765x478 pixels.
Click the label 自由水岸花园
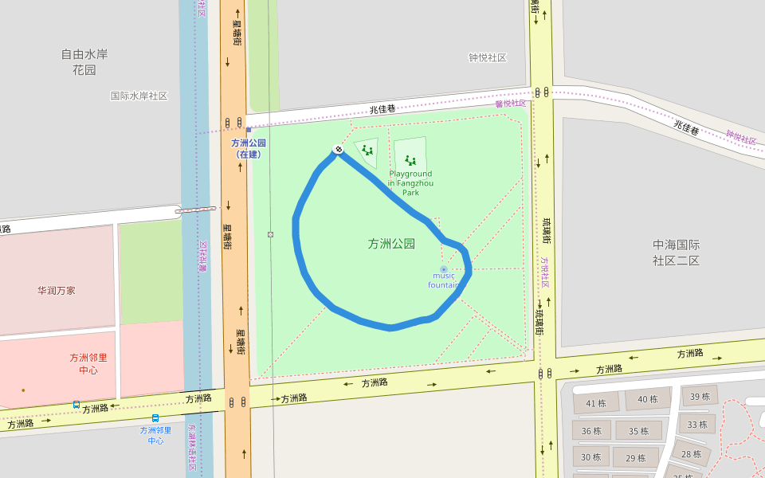pos(84,62)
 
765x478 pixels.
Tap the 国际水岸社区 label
pos(139,96)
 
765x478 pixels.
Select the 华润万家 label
pos(56,291)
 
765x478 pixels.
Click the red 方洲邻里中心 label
pos(88,363)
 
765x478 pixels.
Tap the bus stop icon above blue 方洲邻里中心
pos(155,417)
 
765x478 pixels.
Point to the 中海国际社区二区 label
pos(676,253)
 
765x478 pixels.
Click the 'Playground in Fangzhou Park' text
pos(410,182)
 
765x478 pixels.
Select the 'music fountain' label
pos(443,280)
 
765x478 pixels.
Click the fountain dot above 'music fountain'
pos(444,269)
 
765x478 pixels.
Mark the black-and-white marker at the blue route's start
pos(338,149)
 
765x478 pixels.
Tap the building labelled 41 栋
pos(595,403)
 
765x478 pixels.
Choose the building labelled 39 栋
pos(700,397)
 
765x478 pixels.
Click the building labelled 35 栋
pos(638,432)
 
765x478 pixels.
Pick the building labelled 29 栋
pos(635,457)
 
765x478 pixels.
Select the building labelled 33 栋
pos(696,425)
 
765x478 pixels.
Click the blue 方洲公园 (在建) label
pos(248,148)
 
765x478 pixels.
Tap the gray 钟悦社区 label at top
pos(487,57)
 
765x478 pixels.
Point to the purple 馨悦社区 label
pos(511,103)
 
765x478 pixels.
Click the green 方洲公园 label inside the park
pos(391,244)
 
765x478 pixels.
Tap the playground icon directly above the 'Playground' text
pos(410,160)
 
